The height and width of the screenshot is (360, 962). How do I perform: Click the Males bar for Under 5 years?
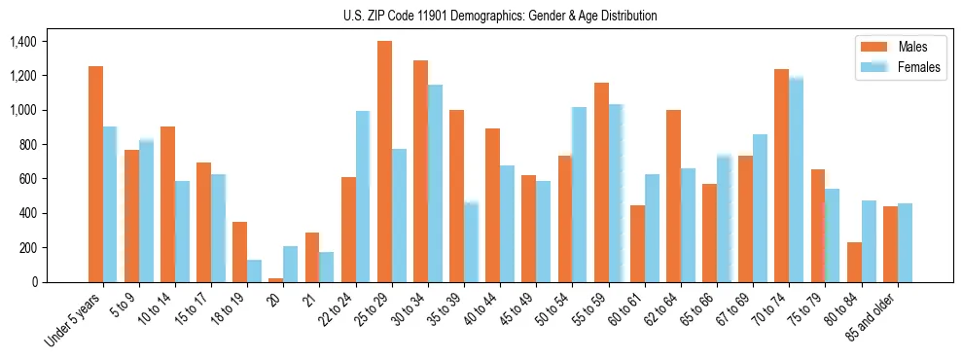click(95, 174)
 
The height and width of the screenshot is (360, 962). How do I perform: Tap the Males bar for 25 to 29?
click(384, 162)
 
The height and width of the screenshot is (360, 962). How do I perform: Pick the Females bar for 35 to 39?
click(471, 242)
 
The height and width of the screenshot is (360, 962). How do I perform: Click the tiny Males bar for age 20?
click(276, 280)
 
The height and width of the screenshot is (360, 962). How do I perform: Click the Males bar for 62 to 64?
click(673, 196)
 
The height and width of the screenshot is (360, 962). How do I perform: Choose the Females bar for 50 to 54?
click(579, 195)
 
